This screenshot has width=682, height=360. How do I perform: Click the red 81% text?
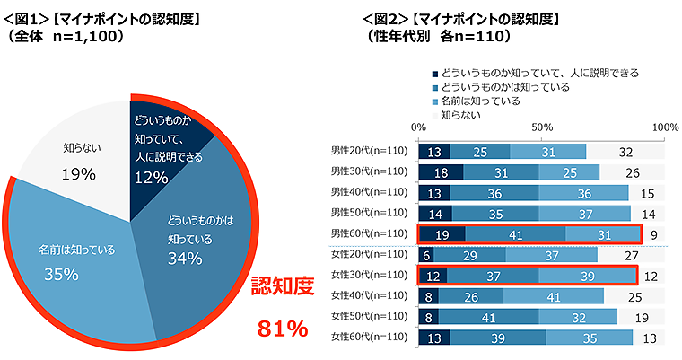tap(283, 329)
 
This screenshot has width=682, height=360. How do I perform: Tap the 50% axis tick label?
tap(541, 128)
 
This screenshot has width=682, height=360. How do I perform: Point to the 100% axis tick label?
tap(665, 128)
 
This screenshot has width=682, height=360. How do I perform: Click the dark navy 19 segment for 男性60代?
tap(442, 233)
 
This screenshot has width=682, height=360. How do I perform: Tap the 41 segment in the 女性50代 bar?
tap(488, 316)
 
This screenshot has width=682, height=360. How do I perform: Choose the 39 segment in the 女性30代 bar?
tap(587, 275)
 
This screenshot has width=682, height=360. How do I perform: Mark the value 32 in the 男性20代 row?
tap(625, 151)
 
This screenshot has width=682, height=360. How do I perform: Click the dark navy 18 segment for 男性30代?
tap(441, 171)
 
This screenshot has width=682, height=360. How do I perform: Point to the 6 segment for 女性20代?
tap(425, 254)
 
